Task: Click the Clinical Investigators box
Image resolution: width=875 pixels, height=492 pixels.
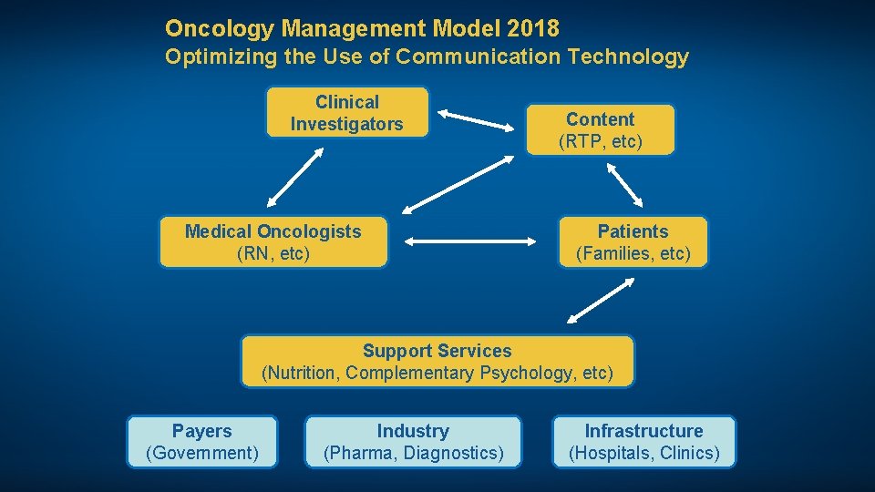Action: (346, 112)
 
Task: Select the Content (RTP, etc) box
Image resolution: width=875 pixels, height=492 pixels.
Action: (600, 130)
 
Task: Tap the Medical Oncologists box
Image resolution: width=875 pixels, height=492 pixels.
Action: (273, 242)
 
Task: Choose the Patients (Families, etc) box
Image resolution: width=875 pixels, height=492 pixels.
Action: (633, 242)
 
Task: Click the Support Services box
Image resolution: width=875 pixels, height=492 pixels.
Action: (437, 362)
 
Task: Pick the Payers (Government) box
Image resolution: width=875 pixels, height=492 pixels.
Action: (201, 442)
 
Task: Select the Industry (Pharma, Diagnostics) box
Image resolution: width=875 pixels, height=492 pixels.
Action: (413, 442)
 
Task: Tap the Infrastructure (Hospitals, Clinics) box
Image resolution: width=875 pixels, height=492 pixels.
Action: (643, 442)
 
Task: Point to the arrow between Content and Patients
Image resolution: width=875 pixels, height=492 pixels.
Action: (625, 186)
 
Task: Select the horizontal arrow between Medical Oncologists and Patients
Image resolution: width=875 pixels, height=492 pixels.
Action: (471, 242)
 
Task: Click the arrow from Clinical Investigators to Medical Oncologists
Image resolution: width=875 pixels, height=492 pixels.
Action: (295, 179)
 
